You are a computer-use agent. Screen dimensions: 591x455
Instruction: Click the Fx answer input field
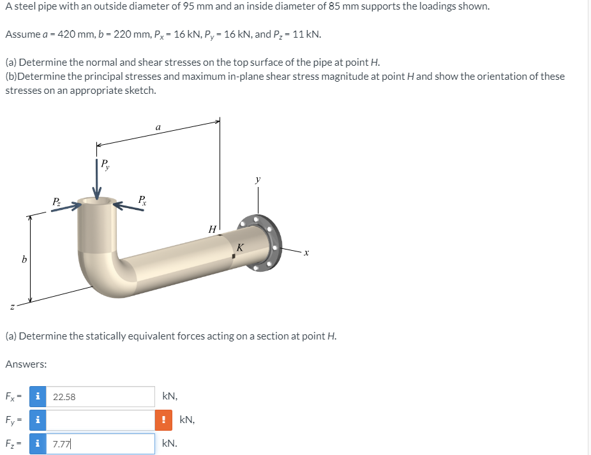100,396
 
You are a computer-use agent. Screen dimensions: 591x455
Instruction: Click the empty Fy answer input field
100,420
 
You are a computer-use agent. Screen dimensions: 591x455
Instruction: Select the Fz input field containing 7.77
100,444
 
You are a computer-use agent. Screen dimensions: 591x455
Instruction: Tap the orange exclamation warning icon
163,420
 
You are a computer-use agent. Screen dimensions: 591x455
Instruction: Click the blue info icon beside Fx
38,396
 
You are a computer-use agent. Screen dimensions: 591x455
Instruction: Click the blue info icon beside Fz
38,444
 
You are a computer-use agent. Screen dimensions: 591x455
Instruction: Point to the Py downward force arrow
97,179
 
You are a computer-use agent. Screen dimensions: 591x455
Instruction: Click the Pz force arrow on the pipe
66,207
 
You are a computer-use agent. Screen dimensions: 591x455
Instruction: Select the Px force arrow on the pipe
128,206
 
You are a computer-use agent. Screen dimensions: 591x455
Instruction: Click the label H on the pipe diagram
213,229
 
